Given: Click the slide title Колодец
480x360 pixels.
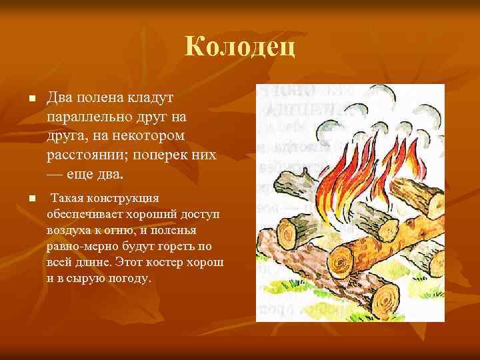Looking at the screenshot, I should pos(239,47).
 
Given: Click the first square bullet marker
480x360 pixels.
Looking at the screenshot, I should pos(31,99).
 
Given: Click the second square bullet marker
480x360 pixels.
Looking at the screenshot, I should pos(31,199).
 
